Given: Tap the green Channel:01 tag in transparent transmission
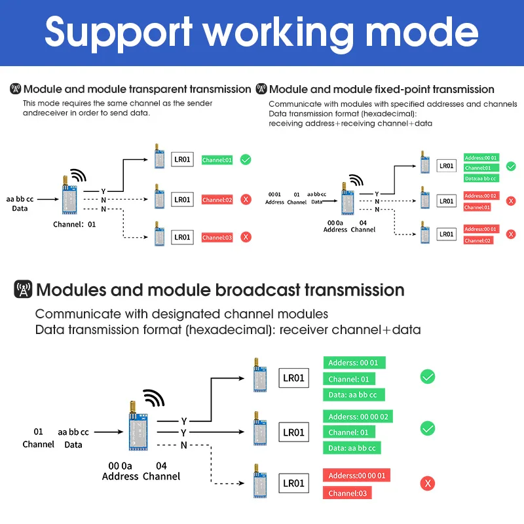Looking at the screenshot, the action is tap(217, 160).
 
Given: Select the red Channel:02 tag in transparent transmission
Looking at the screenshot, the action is tap(217, 200).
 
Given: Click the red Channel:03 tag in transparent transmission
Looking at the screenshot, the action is tap(217, 237).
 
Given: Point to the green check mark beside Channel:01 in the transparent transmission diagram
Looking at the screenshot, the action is tap(246, 160).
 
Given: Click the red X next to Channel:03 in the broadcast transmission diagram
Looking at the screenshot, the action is tap(428, 483).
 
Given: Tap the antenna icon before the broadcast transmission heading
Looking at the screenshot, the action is tap(23, 289).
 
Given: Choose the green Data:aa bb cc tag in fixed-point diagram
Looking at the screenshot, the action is tap(481, 178).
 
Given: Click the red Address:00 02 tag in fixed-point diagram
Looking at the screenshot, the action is tap(481, 195).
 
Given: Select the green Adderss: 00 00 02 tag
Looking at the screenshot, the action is tap(358, 417).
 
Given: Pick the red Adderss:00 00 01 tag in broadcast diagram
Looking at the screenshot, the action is tap(356, 476).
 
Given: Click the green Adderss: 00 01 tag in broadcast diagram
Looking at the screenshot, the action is tap(354, 363).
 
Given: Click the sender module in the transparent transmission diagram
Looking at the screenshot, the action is tap(69, 195).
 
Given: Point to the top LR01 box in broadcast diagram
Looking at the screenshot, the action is tap(293, 378).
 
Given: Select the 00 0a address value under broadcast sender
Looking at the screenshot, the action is tap(120, 466).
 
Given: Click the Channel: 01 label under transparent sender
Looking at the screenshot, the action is tap(74, 224).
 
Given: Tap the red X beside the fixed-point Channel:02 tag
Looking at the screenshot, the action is tap(511, 234).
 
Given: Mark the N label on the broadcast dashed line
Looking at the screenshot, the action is tap(183, 445).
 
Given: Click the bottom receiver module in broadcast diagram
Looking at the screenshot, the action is tap(259, 481).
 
